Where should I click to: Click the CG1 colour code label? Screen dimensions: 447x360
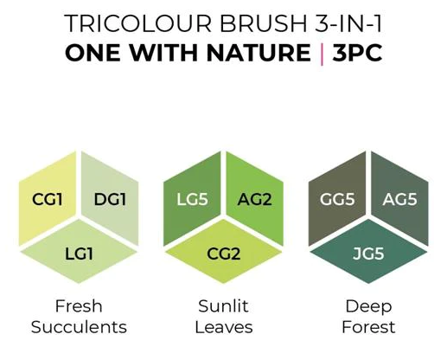click(48, 199)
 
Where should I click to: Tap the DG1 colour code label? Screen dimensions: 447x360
click(110, 199)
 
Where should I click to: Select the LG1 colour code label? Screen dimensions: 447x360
click(79, 254)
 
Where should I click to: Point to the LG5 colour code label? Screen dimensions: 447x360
click(192, 199)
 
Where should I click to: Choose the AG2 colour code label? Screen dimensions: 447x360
click(254, 199)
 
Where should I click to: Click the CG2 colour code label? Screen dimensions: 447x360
click(223, 254)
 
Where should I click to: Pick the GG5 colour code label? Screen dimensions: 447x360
click(337, 199)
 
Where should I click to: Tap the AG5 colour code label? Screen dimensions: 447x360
click(399, 199)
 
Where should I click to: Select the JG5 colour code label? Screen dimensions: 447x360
click(368, 254)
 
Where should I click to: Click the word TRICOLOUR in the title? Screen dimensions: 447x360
click(137, 23)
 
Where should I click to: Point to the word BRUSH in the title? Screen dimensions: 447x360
click(264, 23)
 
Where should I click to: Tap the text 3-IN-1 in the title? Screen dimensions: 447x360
click(348, 23)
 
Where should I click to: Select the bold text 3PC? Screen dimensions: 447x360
click(357, 53)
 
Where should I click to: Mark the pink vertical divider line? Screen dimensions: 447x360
click(322, 54)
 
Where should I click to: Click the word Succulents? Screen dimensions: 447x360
click(79, 327)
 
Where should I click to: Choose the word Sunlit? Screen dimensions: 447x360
click(223, 306)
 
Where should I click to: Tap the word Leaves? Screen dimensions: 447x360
click(224, 327)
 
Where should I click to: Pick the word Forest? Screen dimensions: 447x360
click(368, 327)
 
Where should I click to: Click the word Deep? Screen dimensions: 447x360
click(368, 307)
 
